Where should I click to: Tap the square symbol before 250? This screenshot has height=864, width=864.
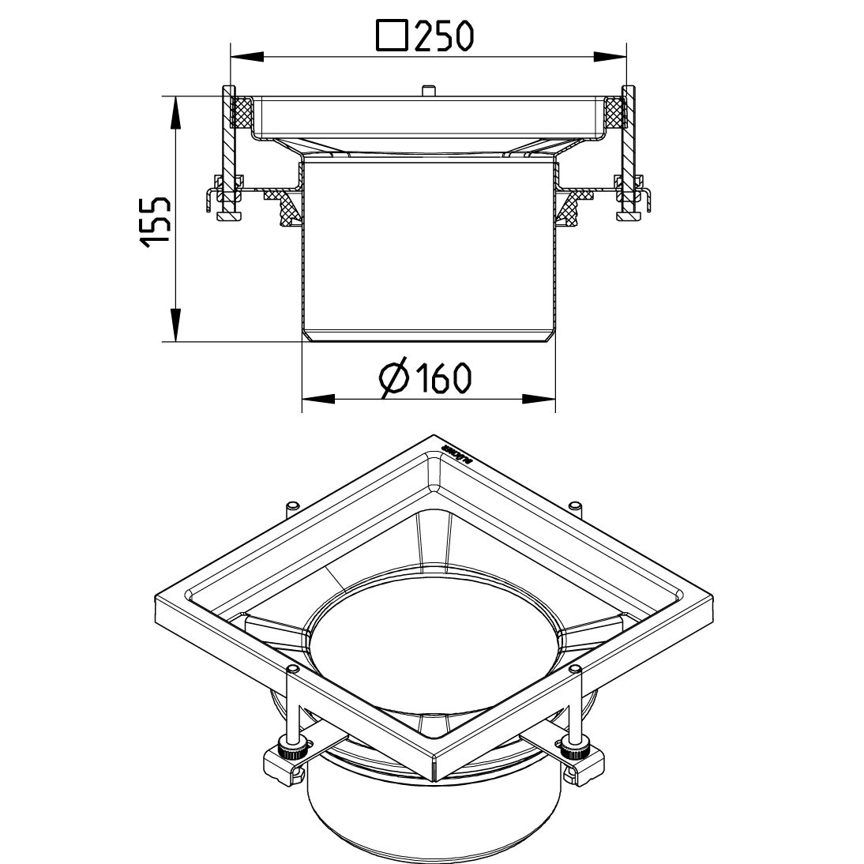click(x=394, y=36)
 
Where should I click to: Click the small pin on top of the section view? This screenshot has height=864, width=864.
click(x=427, y=91)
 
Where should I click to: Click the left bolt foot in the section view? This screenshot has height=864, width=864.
click(x=229, y=214)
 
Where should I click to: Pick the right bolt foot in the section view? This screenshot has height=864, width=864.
click(x=629, y=214)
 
